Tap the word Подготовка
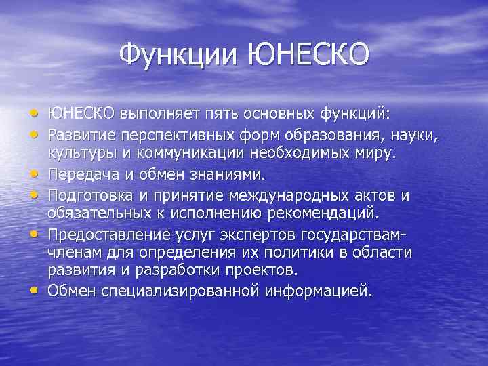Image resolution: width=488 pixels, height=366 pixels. pos(89,197)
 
